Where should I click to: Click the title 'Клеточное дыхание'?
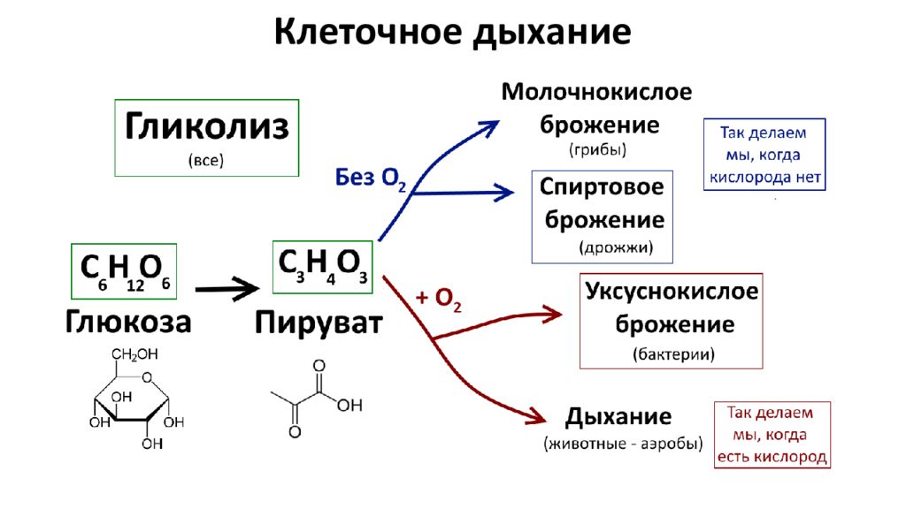tap(452, 33)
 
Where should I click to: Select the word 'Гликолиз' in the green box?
tap(207, 126)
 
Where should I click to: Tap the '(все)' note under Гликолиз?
tap(206, 160)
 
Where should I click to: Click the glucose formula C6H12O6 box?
tap(124, 271)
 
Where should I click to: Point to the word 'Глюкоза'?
tap(128, 322)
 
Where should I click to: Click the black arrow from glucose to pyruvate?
tap(227, 289)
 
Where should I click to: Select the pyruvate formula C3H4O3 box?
tap(322, 267)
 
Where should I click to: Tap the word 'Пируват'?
tap(319, 323)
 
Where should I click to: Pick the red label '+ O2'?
tap(439, 299)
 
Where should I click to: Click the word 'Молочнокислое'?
tap(596, 92)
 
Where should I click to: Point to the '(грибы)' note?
tap(597, 150)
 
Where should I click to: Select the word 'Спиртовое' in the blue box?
tap(602, 187)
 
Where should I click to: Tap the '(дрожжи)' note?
tap(616, 248)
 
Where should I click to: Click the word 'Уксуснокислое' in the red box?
tap(672, 291)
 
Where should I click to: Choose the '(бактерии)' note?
tap(673, 353)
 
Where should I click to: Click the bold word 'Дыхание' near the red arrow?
tap(618, 417)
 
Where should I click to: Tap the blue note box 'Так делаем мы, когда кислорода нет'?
tap(764, 155)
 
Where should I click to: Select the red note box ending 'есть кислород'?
tap(772, 435)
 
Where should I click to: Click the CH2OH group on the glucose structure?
tap(134, 354)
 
